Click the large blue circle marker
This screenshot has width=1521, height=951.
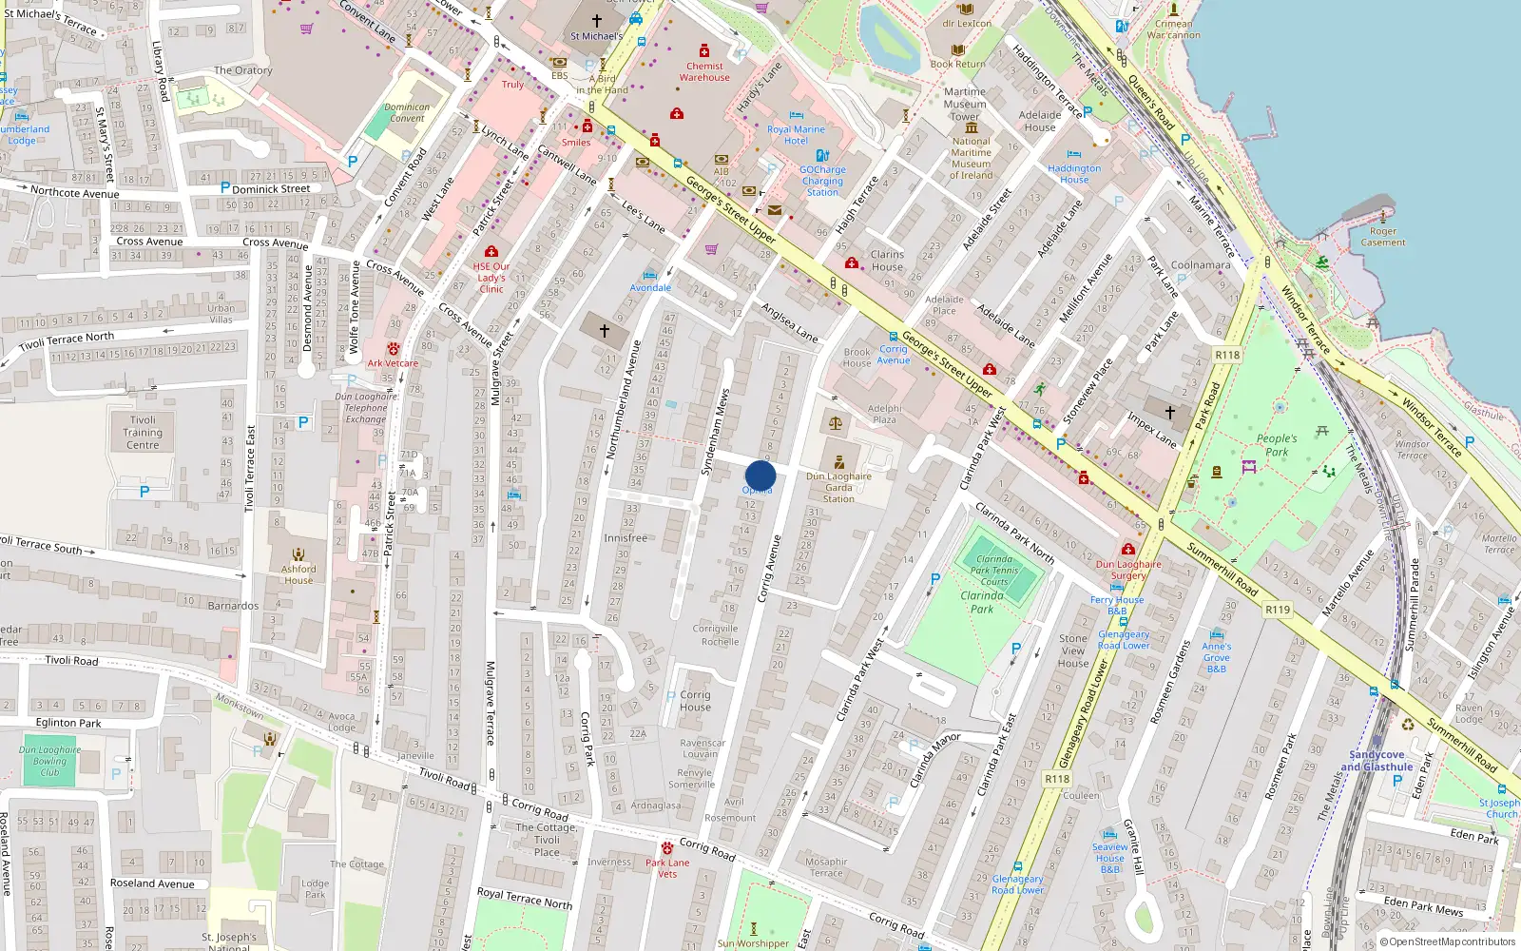(760, 475)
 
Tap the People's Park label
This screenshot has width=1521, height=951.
(1277, 445)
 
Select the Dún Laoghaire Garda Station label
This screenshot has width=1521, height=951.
(838, 487)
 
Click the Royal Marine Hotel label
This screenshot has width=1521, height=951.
(796, 135)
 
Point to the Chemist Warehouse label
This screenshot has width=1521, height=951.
(704, 71)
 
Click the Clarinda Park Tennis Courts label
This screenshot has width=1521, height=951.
(994, 571)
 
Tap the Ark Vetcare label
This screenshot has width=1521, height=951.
(393, 363)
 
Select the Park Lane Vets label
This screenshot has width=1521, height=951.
(667, 868)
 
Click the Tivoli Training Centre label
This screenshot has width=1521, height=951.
(143, 432)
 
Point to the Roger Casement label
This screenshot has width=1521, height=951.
(1383, 237)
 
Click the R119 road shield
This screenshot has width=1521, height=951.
(1278, 610)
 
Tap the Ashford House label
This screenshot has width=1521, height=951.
(298, 574)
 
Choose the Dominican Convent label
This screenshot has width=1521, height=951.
(407, 112)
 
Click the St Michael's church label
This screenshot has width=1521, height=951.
(596, 36)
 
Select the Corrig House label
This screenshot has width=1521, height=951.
(695, 701)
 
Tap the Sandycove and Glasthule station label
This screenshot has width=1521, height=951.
(1377, 761)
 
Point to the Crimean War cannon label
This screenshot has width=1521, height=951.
(1173, 29)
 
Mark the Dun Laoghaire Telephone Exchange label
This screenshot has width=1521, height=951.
(366, 408)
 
